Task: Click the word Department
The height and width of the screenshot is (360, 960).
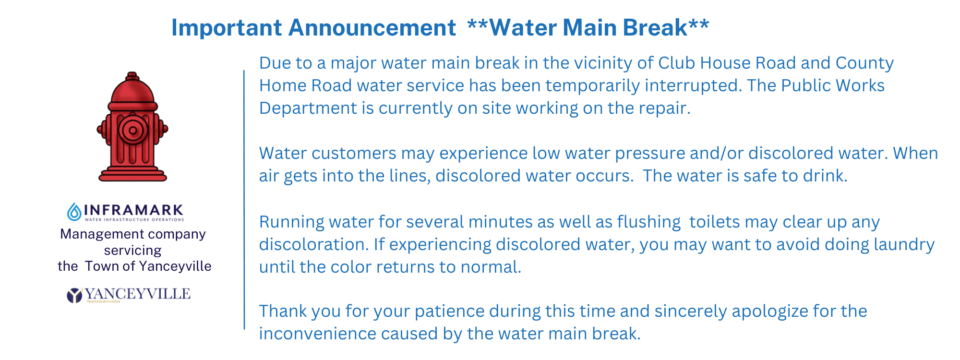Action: pyautogui.click(x=307, y=108)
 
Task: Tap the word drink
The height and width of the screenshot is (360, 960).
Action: pyautogui.click(x=826, y=176)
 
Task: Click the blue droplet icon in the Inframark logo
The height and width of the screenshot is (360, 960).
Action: pyautogui.click(x=74, y=212)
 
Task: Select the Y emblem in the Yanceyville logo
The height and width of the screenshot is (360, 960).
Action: pyautogui.click(x=74, y=295)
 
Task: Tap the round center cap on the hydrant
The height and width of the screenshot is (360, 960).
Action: pyautogui.click(x=133, y=130)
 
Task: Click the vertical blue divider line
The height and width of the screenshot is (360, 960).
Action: pyautogui.click(x=244, y=200)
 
